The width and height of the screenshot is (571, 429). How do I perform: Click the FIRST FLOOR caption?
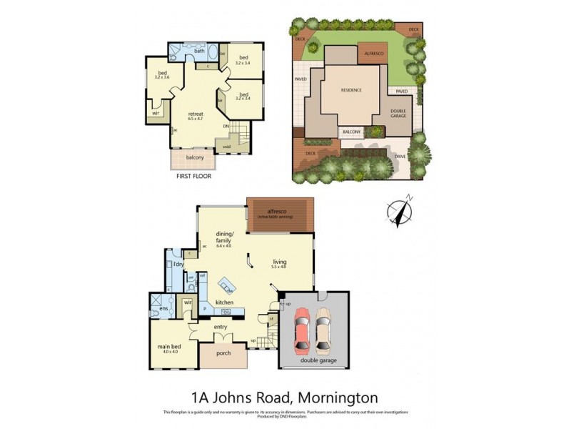[x=193, y=175]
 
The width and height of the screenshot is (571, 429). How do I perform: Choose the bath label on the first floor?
[x=200, y=51]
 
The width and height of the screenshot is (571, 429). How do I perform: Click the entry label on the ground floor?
[x=221, y=327]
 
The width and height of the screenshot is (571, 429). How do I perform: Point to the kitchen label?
[x=225, y=302]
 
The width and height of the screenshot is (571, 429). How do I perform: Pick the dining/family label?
[x=226, y=237]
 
